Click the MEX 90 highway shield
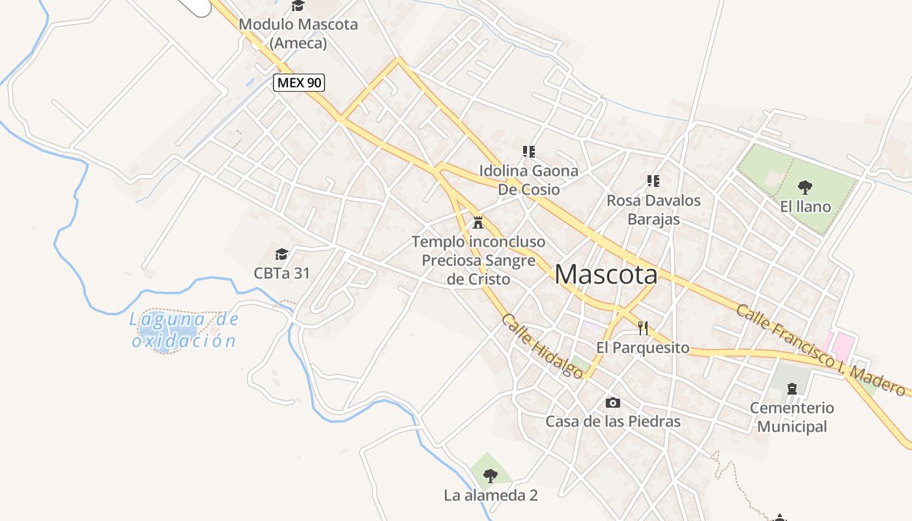(299, 83)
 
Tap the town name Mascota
(606, 275)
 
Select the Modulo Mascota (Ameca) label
(298, 34)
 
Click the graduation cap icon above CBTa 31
(281, 254)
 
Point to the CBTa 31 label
(281, 273)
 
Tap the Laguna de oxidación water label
(185, 330)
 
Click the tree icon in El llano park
(805, 188)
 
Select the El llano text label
(805, 207)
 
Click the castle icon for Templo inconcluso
(478, 222)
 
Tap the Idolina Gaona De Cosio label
(528, 180)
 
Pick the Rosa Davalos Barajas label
(653, 210)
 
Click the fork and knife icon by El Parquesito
(644, 328)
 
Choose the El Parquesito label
(642, 348)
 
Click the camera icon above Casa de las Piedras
(612, 402)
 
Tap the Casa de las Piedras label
(612, 421)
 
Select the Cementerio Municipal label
(791, 417)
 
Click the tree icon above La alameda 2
(491, 475)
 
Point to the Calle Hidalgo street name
(543, 346)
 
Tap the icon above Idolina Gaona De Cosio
(528, 152)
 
